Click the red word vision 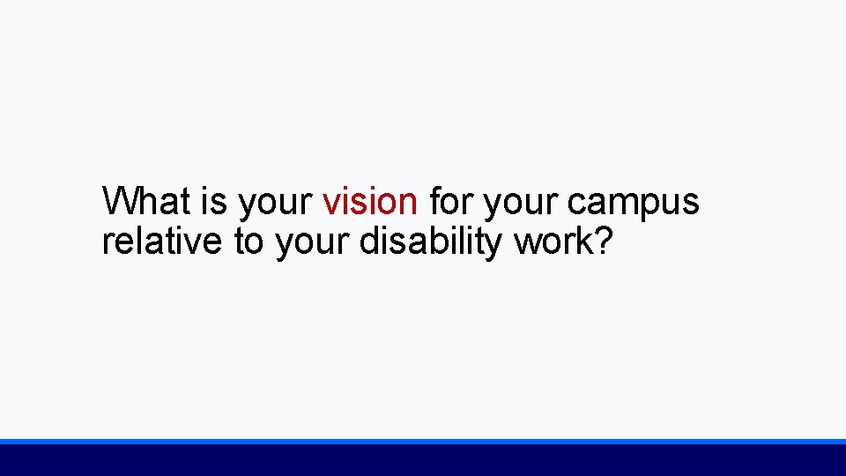coord(370,201)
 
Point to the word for coord(450,201)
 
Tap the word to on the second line coord(249,241)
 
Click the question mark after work coord(600,241)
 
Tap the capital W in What coord(119,201)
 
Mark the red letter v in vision coord(330,204)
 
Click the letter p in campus coord(646,206)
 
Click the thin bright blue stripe coord(423,441)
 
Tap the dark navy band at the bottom coord(423,460)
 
